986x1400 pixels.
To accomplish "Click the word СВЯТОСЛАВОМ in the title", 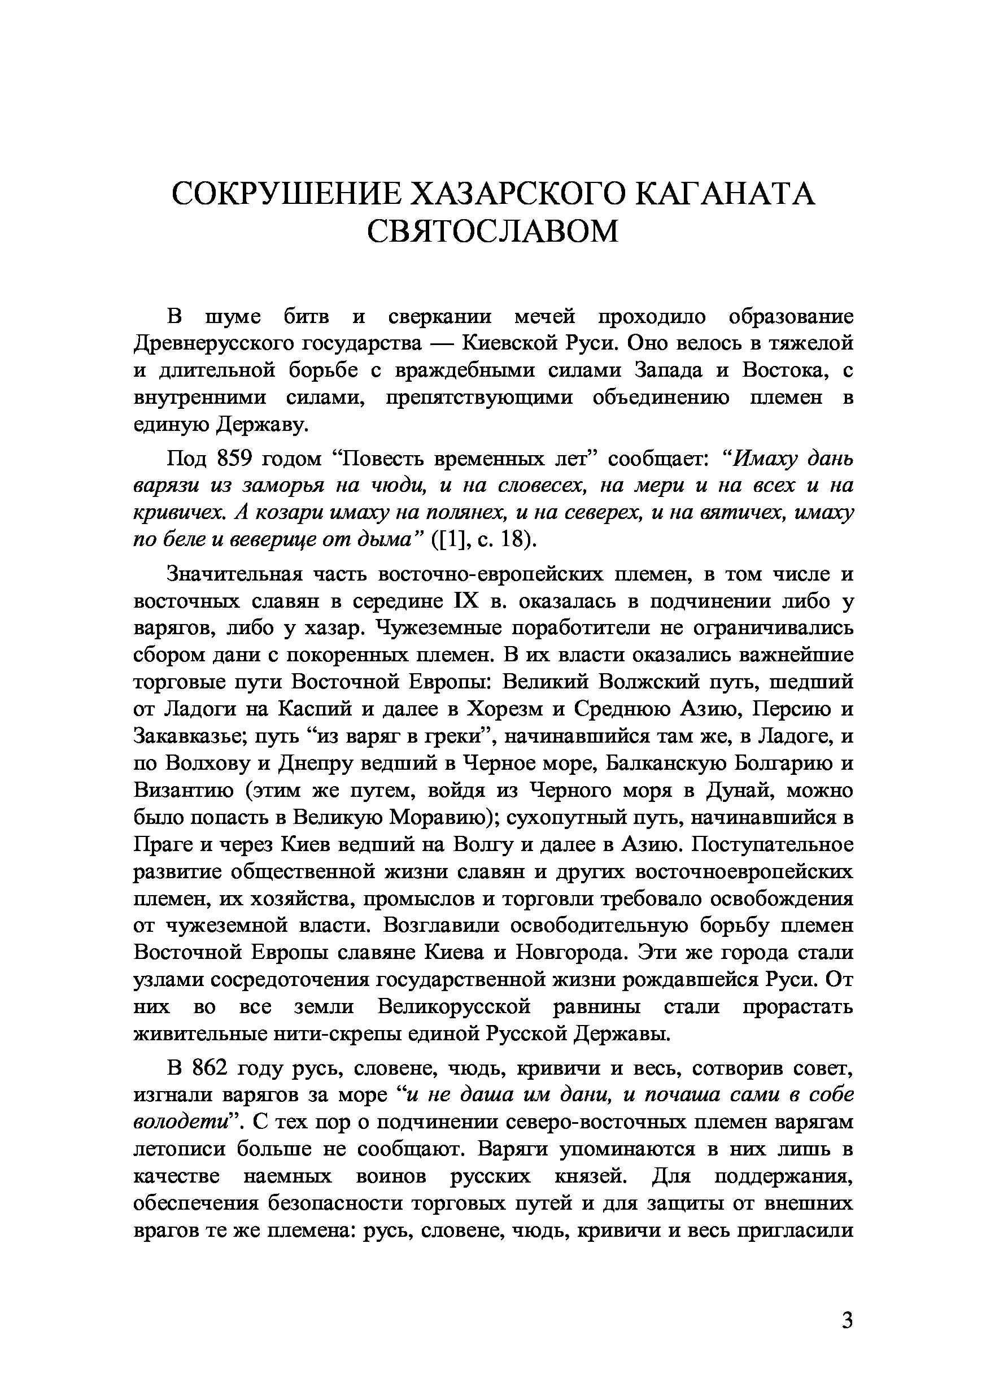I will (492, 230).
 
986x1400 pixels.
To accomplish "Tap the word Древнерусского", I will (213, 343).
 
